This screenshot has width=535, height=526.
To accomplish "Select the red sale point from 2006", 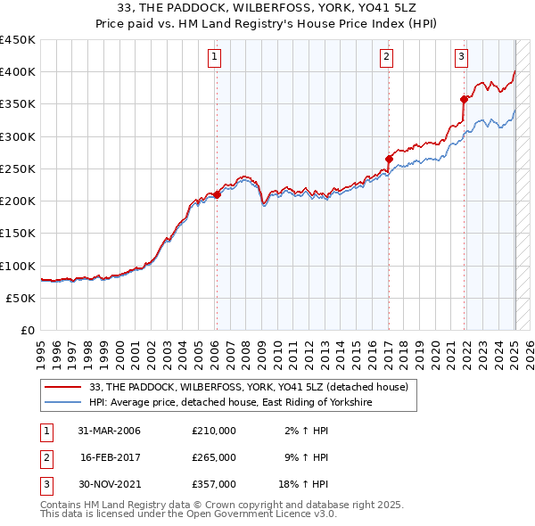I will (217, 194).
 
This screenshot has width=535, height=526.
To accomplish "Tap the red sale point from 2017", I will (389, 160).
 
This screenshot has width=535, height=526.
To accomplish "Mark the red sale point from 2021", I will (465, 99).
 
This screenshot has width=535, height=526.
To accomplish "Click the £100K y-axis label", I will (18, 266).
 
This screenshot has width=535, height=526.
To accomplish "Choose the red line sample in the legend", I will (63, 387).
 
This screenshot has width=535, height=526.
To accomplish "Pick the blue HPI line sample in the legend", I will (63, 403).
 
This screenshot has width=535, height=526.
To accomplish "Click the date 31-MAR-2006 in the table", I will (109, 431).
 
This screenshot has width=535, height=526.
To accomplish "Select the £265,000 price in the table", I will (214, 457).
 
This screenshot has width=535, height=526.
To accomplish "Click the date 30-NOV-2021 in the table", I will (109, 484).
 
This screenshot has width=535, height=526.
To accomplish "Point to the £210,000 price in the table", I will (214, 431).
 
